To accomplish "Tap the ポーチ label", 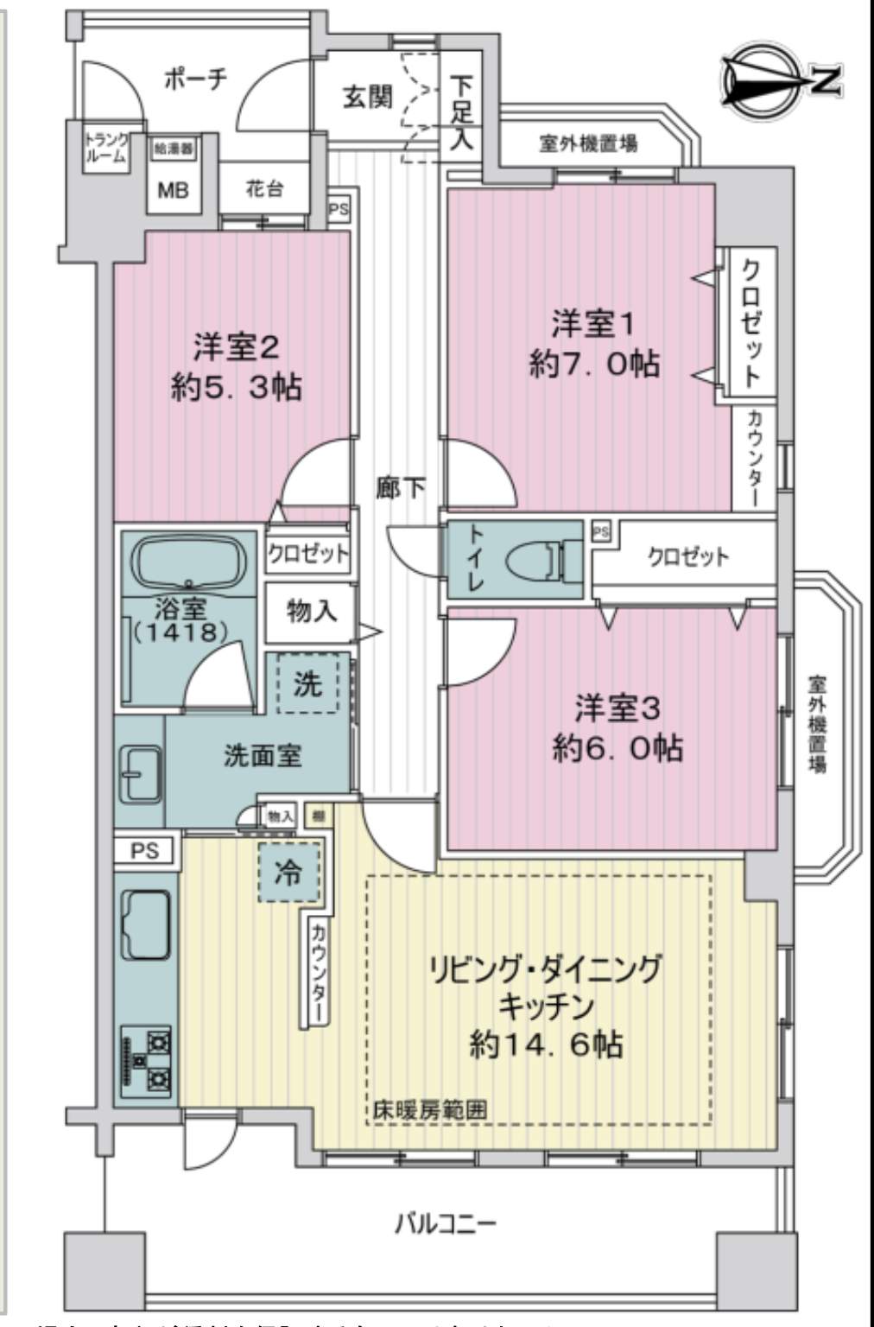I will (x=195, y=79).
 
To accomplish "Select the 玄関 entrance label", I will (x=368, y=97).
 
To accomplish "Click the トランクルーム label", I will (x=106, y=149).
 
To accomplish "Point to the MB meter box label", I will (x=173, y=189).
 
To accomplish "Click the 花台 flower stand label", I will (x=264, y=188).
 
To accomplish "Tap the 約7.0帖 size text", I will (x=594, y=364).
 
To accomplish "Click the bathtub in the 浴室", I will (x=189, y=562).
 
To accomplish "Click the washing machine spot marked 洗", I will (x=307, y=683).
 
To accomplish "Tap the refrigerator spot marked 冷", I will (x=288, y=873).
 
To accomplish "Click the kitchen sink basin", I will (x=147, y=923).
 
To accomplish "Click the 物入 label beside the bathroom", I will (x=311, y=612).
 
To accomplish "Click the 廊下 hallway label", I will (x=400, y=488).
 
